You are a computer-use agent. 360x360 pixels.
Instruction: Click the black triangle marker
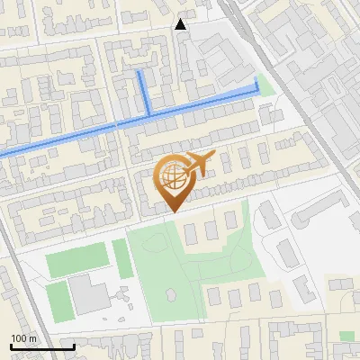181,24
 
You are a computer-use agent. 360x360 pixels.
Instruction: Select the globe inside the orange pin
173,179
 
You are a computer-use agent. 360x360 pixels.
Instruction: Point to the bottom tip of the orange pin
174,212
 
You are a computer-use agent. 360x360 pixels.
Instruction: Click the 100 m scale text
23,338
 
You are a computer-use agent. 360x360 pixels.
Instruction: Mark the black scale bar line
41,346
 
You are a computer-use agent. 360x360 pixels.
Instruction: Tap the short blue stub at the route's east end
256,85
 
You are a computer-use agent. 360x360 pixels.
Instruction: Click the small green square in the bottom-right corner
346,336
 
